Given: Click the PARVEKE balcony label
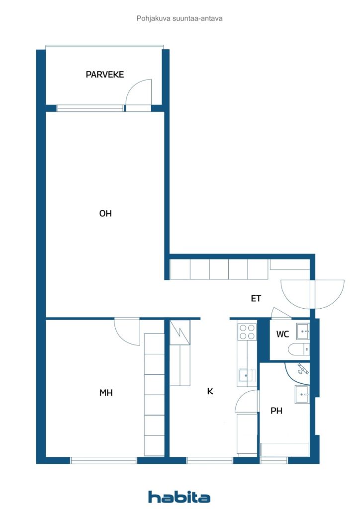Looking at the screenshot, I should [x=104, y=75].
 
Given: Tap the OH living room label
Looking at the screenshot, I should [x=105, y=214].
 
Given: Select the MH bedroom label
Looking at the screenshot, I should [x=106, y=393].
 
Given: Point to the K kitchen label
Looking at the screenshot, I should [x=210, y=391].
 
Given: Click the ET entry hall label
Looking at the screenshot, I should [x=256, y=299].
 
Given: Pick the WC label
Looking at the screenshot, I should [x=282, y=334].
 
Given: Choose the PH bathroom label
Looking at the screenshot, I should [x=276, y=411].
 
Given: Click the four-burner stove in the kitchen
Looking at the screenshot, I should [x=247, y=332].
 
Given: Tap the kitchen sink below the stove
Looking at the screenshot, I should [x=247, y=375].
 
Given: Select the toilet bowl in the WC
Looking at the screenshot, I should [x=300, y=349].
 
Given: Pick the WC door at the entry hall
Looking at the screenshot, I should [x=280, y=313].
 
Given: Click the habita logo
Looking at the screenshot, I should [x=179, y=497].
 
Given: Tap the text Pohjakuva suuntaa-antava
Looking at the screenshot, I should [x=180, y=18].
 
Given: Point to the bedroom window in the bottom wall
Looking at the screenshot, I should [x=103, y=460].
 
